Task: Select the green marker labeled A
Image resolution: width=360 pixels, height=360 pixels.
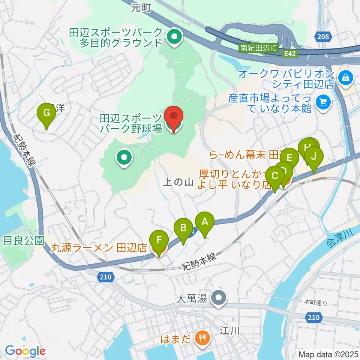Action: pos(205,223)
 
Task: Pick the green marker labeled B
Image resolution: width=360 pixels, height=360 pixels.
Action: pos(183,229)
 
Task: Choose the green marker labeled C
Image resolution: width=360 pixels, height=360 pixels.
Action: pos(275,177)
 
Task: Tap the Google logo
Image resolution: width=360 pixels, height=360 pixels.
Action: pos(25,351)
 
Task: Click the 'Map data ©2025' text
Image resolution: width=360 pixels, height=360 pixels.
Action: pos(328,354)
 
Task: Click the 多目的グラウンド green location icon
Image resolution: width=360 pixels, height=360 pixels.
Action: pos(174,37)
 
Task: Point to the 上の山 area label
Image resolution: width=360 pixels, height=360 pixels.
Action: pos(178,183)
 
